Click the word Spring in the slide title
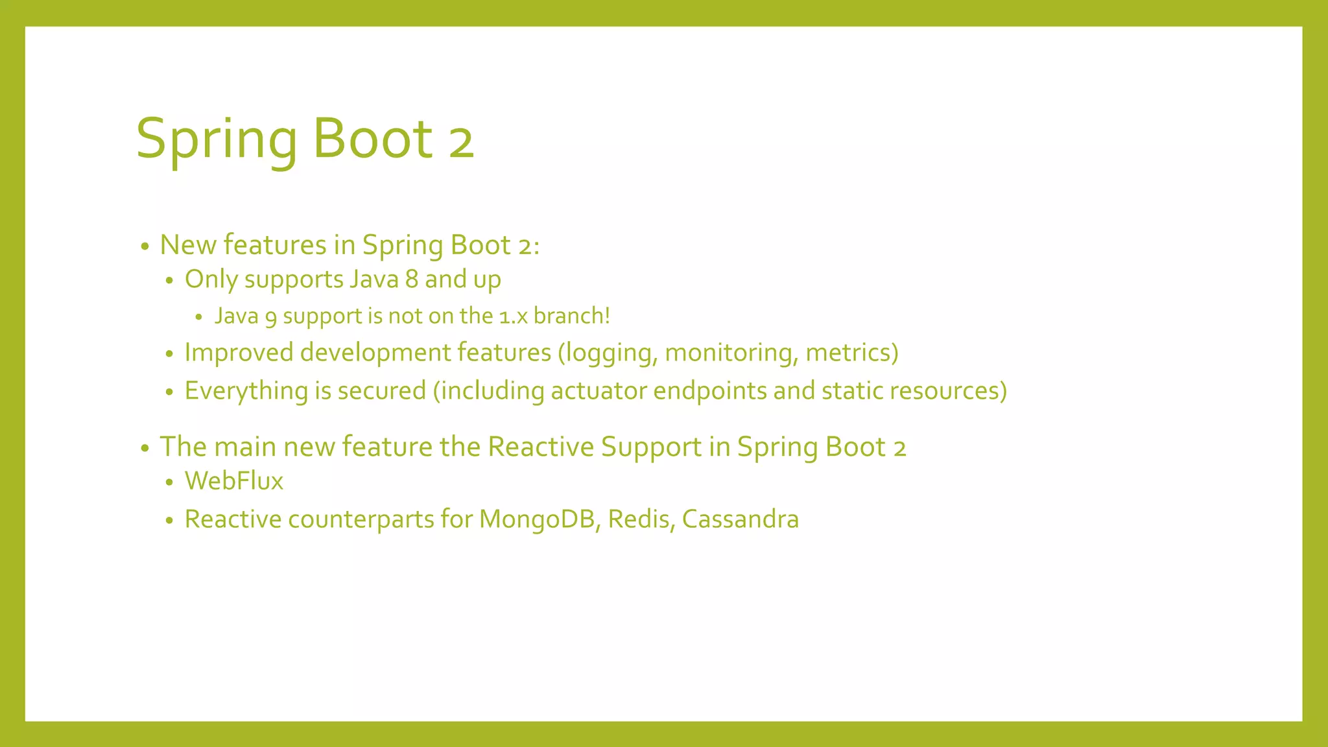217,139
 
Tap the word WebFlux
234,481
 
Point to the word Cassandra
740,519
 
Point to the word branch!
571,316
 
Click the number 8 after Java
411,279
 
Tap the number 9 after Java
270,317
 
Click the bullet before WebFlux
169,482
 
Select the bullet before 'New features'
145,246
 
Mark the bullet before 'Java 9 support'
199,317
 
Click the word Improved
239,353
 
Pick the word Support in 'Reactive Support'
651,447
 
